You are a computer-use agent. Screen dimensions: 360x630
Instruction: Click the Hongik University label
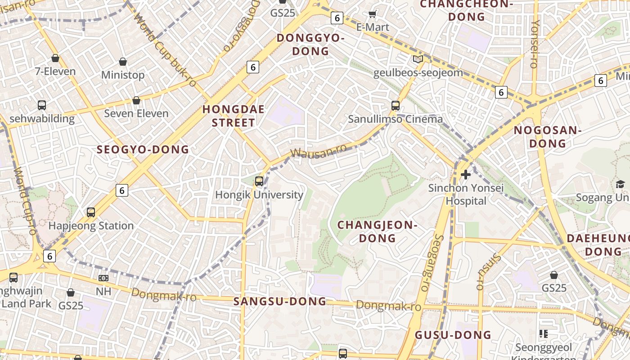(259, 195)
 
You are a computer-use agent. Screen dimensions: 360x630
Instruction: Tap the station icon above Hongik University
(259, 181)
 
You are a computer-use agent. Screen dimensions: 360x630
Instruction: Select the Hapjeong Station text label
(91, 225)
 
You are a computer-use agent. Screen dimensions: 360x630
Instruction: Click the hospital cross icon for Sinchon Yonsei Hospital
(466, 174)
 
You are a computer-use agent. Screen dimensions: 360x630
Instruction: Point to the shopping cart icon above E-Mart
(372, 14)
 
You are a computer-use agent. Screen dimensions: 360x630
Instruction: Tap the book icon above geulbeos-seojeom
(418, 59)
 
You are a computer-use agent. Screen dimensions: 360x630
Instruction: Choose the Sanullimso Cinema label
(396, 119)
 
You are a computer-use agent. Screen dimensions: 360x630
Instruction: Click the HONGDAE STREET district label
(233, 116)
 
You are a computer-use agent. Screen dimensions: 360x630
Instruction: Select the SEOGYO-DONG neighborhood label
(143, 150)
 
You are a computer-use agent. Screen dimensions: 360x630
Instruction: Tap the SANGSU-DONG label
(280, 301)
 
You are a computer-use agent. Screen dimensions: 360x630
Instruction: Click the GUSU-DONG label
(453, 335)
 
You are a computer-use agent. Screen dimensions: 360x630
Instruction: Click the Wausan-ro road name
(318, 151)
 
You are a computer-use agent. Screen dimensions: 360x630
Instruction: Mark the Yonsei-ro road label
(535, 44)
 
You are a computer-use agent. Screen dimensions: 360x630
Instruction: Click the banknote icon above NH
(103, 278)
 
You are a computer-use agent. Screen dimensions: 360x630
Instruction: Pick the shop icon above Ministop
(123, 62)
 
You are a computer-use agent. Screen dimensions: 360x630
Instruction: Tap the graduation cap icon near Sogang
(620, 184)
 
